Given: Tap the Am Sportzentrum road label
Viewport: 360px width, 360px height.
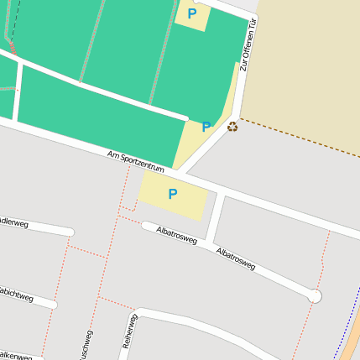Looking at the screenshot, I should pyautogui.click(x=136, y=163).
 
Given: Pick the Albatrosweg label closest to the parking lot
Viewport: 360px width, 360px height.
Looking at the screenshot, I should pyautogui.click(x=176, y=234).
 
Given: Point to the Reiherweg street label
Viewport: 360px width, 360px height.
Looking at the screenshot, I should pyautogui.click(x=128, y=331).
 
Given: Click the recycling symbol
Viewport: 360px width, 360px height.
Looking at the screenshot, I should pyautogui.click(x=232, y=126).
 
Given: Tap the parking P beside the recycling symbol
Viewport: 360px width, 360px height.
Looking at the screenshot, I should pyautogui.click(x=206, y=128).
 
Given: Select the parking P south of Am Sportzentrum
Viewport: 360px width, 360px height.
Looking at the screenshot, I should pyautogui.click(x=173, y=195).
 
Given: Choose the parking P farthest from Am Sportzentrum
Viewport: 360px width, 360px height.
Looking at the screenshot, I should pyautogui.click(x=192, y=13).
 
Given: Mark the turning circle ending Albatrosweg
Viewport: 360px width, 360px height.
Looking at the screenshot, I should pyautogui.click(x=315, y=295).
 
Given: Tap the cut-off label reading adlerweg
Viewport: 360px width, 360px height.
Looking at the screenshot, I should pyautogui.click(x=14, y=223).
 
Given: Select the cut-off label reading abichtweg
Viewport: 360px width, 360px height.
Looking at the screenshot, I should pyautogui.click(x=15, y=295).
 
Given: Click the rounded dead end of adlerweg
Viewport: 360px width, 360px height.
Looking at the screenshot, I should pyautogui.click(x=70, y=232).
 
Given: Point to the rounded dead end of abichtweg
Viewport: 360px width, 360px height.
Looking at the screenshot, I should pyautogui.click(x=53, y=304).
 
